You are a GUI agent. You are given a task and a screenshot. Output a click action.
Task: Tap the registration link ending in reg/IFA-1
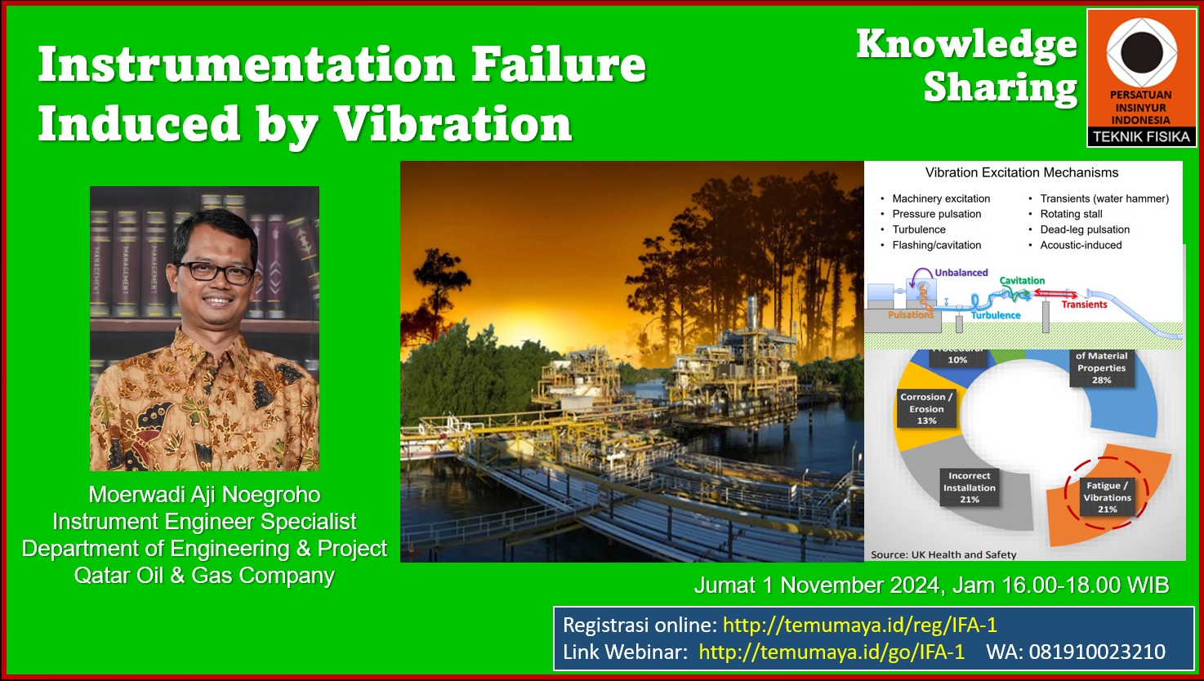pos(860,625)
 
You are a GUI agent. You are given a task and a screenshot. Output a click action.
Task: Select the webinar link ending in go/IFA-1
pos(832,652)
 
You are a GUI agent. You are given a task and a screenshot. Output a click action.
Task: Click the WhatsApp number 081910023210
pos(1097,652)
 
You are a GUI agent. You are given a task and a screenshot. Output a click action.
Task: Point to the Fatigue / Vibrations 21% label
pos(1108,497)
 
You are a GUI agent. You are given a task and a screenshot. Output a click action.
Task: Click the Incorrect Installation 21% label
pos(970,487)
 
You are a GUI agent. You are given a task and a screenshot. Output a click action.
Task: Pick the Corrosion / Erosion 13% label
pos(926,408)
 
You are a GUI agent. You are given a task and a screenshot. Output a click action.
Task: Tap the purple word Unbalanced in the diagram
pos(961,273)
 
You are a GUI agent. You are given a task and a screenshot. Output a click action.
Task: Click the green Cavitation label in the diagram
pos(1022,281)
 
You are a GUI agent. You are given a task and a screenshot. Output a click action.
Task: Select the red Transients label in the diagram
pos(1084,305)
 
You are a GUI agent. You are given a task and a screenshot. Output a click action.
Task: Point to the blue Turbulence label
pos(996,315)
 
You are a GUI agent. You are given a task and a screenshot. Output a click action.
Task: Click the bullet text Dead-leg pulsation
pos(1085,229)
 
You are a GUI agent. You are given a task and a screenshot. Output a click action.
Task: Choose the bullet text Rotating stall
pos(1071,214)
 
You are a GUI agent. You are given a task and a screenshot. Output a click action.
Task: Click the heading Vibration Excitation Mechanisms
pos(1022,172)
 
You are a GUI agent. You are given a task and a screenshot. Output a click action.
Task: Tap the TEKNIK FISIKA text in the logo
pos(1142,137)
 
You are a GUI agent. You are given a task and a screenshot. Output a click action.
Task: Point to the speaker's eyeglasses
pos(216,272)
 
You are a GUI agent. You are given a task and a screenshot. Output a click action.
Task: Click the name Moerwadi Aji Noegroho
pos(204,495)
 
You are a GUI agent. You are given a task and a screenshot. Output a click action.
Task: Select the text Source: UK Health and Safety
pos(943,554)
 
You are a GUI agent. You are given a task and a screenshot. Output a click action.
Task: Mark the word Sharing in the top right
pos(1001,87)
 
